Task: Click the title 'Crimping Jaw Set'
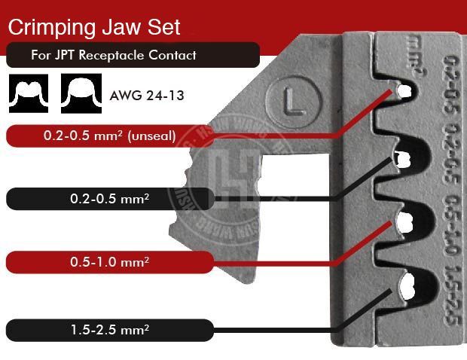[x=94, y=27]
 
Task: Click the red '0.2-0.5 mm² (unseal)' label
[x=110, y=136]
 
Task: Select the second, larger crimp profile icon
[x=80, y=93]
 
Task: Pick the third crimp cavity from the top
[x=407, y=222]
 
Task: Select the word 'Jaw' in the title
[x=120, y=27]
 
